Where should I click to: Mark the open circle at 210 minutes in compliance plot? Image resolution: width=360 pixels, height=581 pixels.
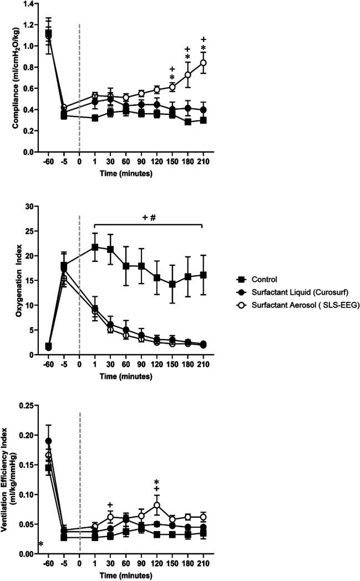(x=204, y=63)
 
